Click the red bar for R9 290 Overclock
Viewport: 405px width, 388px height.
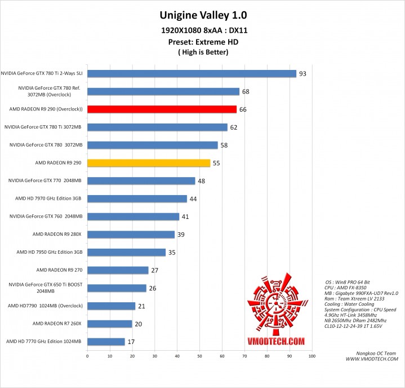click(162, 109)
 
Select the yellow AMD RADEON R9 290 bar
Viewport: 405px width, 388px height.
click(149, 163)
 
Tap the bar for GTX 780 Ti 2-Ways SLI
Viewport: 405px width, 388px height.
click(192, 73)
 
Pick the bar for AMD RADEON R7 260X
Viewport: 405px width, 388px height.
click(109, 324)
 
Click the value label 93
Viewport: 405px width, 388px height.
click(302, 74)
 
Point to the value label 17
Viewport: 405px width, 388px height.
click(131, 342)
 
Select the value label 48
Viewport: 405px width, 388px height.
click(201, 181)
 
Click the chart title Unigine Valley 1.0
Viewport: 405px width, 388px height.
click(203, 15)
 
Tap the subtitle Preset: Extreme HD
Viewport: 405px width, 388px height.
click(203, 42)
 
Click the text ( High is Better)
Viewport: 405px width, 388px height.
click(203, 52)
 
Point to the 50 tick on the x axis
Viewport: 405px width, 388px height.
click(199, 356)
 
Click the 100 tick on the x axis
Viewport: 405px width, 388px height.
click(311, 356)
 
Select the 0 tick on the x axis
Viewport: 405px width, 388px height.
click(87, 356)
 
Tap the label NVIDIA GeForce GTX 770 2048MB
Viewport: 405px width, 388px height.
click(45, 180)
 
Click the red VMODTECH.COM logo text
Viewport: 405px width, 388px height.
click(275, 341)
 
